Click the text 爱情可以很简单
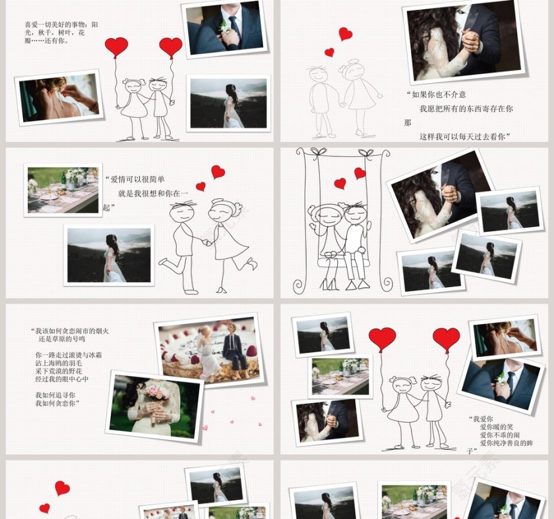pyautogui.click(x=137, y=179)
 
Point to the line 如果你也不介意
pyautogui.click(x=437, y=95)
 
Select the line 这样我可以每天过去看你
pyautogui.click(x=464, y=136)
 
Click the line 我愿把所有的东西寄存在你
pyautogui.click(x=466, y=109)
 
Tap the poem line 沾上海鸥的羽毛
pyautogui.click(x=59, y=363)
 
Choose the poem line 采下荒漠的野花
pyautogui.click(x=59, y=371)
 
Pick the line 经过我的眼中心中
pyautogui.click(x=62, y=379)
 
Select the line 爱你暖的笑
pyautogui.click(x=496, y=427)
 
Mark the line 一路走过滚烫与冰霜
pyautogui.click(x=69, y=355)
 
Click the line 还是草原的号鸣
pyautogui.click(x=61, y=339)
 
